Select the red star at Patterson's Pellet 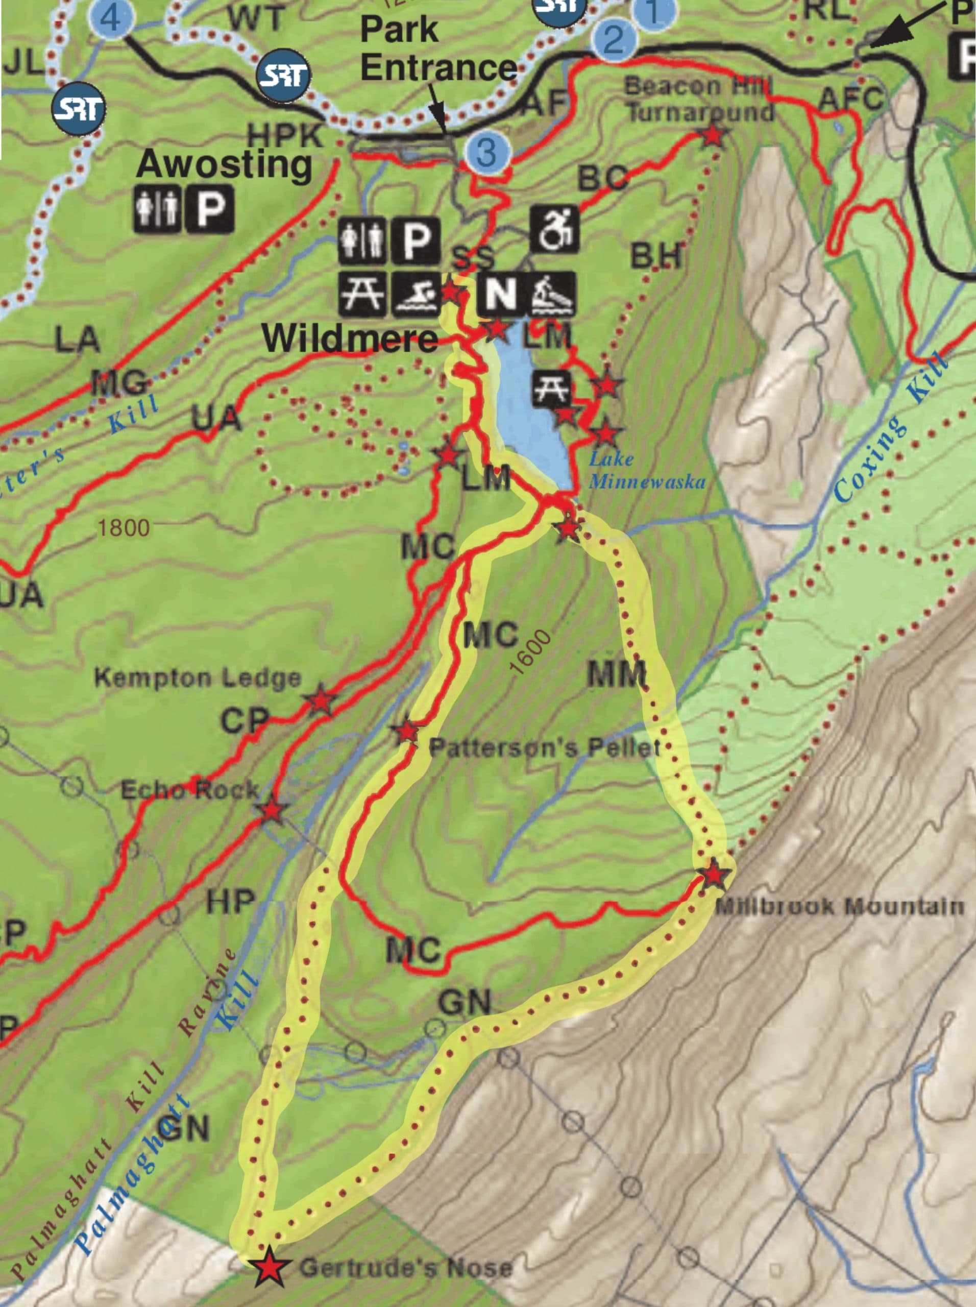[x=407, y=732]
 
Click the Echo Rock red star [x=271, y=810]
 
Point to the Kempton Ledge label [x=198, y=677]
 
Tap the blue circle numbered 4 [x=112, y=18]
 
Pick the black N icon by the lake [x=500, y=294]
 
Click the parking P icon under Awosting [x=210, y=209]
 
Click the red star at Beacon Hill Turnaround [x=713, y=136]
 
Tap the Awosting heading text [x=224, y=164]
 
